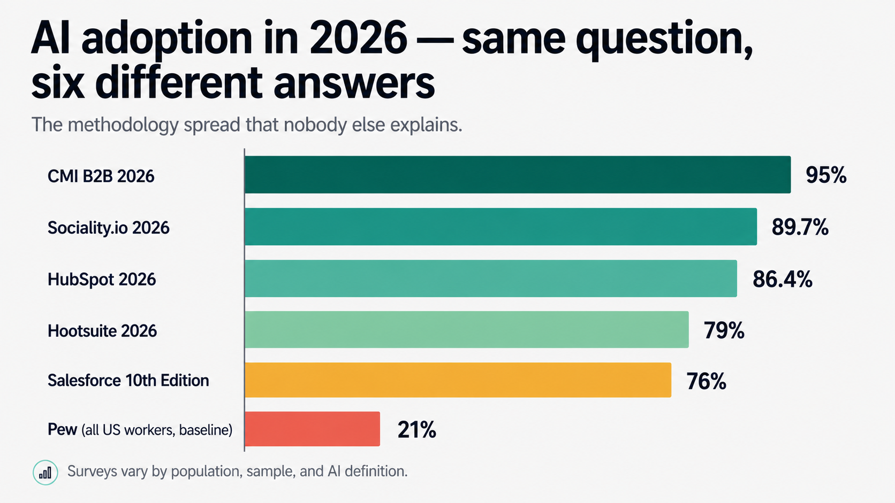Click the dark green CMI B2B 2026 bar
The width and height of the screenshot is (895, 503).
pyautogui.click(x=517, y=175)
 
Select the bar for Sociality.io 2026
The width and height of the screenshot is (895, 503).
pyautogui.click(x=500, y=227)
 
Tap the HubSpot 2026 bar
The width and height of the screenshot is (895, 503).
pyautogui.click(x=490, y=278)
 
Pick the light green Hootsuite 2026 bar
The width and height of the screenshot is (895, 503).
pyautogui.click(x=466, y=330)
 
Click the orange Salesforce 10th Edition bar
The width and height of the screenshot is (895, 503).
pyautogui.click(x=458, y=380)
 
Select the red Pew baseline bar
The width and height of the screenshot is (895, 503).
pyautogui.click(x=312, y=429)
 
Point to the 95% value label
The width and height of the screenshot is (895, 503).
pyautogui.click(x=825, y=175)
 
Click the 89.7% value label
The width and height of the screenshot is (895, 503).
pyautogui.click(x=800, y=227)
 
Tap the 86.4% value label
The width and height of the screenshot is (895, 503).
pyautogui.click(x=782, y=279)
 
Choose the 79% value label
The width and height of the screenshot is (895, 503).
pyautogui.click(x=724, y=330)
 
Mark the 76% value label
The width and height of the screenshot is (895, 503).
pyautogui.click(x=706, y=381)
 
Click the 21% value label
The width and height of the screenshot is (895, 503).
pyautogui.click(x=416, y=429)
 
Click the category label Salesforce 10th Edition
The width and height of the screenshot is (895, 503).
pyautogui.click(x=128, y=380)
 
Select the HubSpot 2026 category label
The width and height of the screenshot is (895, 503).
pyautogui.click(x=102, y=279)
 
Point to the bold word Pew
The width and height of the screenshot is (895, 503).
pyautogui.click(x=62, y=429)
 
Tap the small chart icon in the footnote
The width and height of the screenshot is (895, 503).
pyautogui.click(x=45, y=473)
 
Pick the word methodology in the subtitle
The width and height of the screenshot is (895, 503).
pyautogui.click(x=123, y=125)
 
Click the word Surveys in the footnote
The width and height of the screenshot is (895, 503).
pyautogui.click(x=92, y=471)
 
